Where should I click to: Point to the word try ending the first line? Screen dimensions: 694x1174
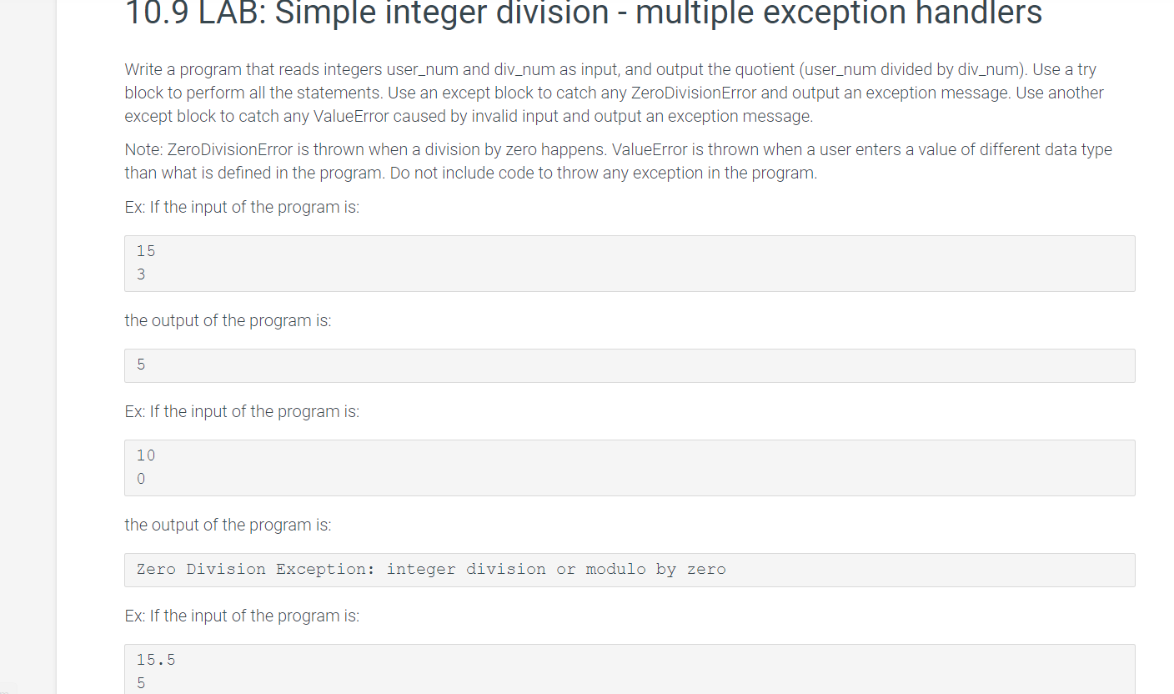pos(1086,70)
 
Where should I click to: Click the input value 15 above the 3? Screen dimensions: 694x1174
pos(146,251)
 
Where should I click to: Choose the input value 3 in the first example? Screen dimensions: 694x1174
pos(141,274)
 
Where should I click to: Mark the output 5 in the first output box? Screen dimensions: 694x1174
pos(141,365)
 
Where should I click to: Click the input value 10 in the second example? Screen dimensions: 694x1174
pos(146,455)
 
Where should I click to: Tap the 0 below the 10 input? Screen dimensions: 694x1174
pos(141,479)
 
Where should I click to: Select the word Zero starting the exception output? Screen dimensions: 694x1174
pos(156,570)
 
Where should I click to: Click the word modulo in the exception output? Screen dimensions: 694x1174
pos(615,570)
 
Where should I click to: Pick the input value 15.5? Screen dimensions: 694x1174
pos(156,660)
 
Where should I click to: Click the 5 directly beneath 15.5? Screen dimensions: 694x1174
pos(141,683)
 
